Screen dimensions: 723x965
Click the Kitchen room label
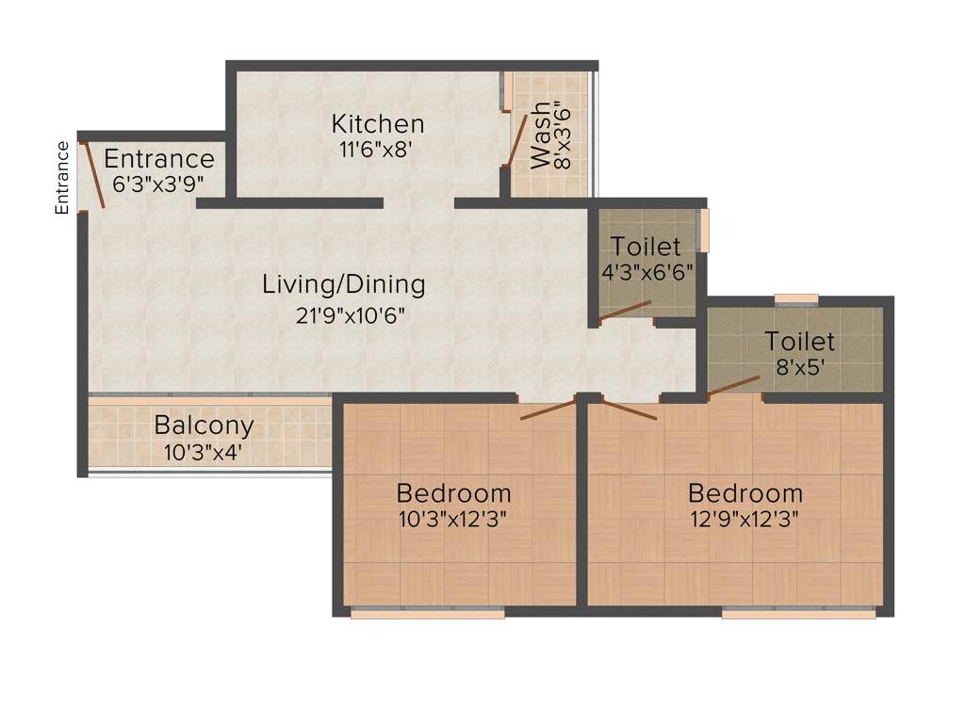(x=378, y=123)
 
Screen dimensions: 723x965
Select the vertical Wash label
(x=541, y=137)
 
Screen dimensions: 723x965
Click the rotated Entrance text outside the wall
(x=62, y=178)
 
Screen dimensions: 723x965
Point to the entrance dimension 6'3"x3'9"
(x=158, y=184)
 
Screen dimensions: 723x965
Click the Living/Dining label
(x=343, y=283)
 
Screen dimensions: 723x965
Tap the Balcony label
(x=204, y=425)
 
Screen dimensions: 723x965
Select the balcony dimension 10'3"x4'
(x=204, y=451)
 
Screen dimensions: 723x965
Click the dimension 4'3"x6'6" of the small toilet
(x=647, y=272)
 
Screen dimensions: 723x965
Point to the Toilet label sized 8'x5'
(x=799, y=341)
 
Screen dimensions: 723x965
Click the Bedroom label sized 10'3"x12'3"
(x=453, y=492)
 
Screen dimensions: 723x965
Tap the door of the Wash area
(x=516, y=140)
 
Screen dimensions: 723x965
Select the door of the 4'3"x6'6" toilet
(x=626, y=312)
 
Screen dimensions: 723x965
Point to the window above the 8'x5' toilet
(x=796, y=299)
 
